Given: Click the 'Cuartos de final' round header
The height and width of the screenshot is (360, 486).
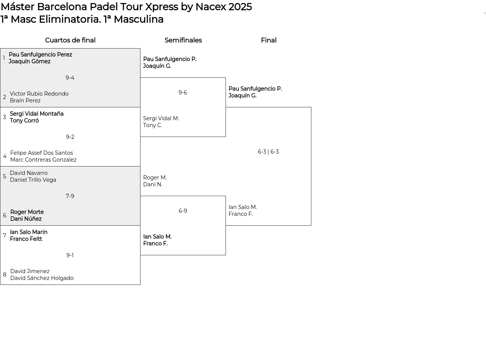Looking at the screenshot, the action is coord(70,40).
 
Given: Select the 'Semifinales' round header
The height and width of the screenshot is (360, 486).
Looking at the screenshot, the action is coord(183,40).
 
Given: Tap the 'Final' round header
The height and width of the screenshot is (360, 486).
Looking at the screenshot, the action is coord(269,40).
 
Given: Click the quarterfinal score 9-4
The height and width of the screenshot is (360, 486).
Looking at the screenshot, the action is coord(70,78).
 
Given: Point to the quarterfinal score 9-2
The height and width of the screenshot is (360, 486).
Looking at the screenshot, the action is coord(70,137).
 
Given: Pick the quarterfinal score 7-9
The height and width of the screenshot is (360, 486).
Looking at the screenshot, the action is coord(70,196).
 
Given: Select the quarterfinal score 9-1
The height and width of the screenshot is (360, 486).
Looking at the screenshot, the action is coord(70,255).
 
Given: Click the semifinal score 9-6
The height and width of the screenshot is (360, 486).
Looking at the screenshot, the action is coord(183,93).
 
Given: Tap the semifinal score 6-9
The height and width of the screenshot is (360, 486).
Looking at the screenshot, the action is coord(183,211).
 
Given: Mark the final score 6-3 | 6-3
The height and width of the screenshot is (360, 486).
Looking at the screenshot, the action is coord(268,152).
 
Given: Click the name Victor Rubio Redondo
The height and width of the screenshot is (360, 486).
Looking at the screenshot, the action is coord(39,94).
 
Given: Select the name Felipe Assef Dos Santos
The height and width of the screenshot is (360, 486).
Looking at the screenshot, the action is coord(42,153).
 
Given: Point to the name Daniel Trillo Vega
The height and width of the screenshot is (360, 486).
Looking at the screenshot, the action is coord(33,180).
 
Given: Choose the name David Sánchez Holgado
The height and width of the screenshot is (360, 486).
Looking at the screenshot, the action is coord(42,278).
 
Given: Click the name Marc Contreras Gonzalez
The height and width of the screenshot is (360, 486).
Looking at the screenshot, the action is coord(43,160).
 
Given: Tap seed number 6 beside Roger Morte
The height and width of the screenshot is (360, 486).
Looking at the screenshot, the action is coord(5,215).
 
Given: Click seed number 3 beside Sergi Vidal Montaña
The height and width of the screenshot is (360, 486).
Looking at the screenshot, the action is coord(5,117).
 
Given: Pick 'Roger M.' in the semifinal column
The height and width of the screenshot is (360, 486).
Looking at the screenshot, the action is coord(155,178).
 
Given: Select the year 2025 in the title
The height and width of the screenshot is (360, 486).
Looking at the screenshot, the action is coord(240,7).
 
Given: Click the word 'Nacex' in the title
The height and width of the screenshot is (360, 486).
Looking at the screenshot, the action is coord(210,7).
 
